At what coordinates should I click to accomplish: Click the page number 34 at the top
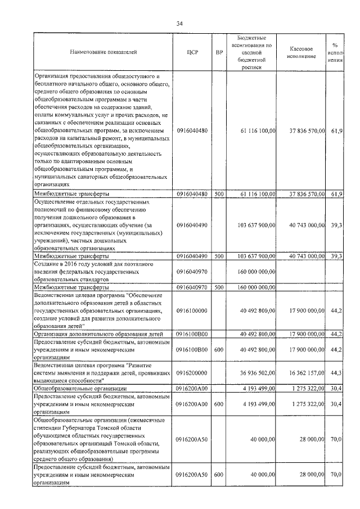[x=179, y=23]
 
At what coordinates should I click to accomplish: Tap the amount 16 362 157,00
[x=305, y=372]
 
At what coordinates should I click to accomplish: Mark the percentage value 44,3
[x=336, y=372]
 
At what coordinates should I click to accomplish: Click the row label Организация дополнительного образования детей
[x=98, y=334]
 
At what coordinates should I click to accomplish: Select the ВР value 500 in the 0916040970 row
[x=219, y=287]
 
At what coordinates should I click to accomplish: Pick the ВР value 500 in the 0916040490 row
[x=219, y=256]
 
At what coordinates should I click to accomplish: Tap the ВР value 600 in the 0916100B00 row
[x=219, y=349]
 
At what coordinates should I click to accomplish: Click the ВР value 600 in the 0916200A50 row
[x=219, y=475]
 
